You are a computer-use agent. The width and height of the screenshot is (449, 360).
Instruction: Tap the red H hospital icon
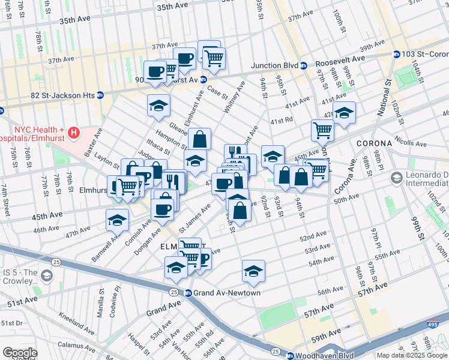(x=73, y=132)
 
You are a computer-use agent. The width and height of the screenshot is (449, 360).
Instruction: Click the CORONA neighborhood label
(x=374, y=144)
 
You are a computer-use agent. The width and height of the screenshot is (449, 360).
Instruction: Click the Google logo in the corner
(x=20, y=353)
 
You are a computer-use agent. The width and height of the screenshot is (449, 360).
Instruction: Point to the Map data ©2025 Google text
(x=411, y=355)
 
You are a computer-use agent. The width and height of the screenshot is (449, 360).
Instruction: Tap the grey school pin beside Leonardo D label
(x=397, y=178)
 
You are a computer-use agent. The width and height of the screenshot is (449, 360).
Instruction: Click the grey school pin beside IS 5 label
(x=47, y=276)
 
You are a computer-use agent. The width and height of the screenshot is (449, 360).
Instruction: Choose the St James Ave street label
(x=196, y=218)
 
